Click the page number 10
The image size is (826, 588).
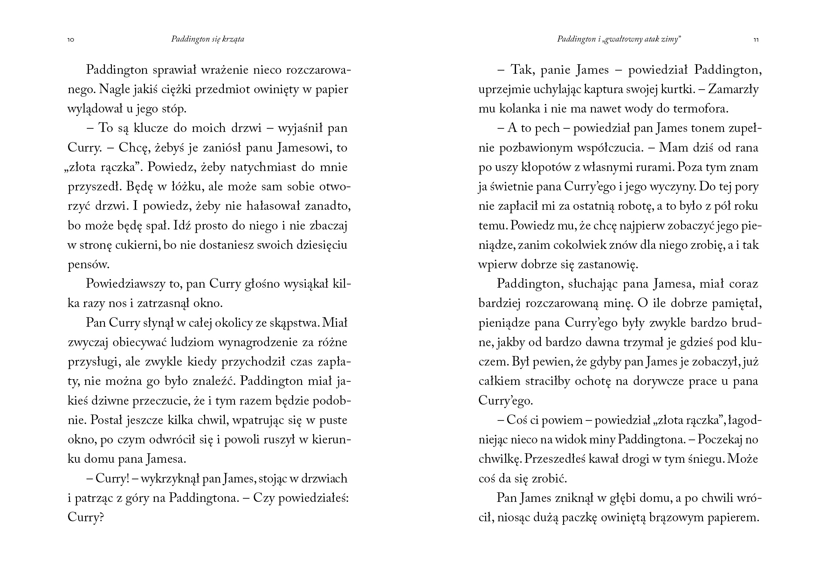click(x=71, y=40)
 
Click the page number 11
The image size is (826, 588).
click(x=756, y=40)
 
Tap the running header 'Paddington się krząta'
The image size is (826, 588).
click(x=208, y=39)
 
